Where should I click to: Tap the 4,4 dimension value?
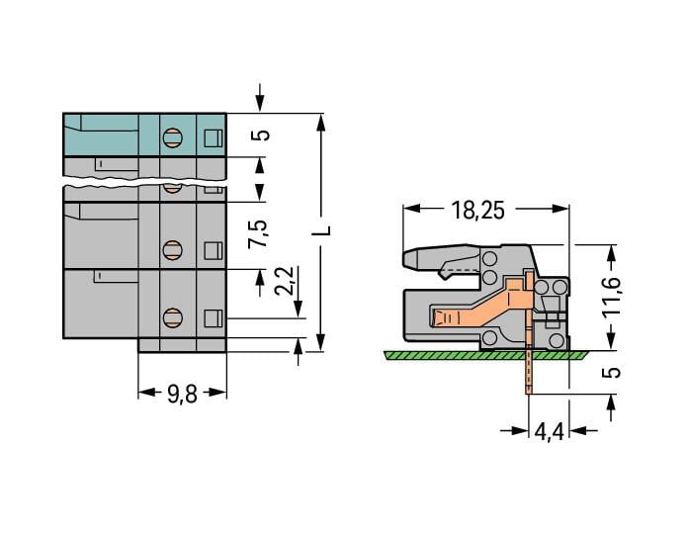[549, 432]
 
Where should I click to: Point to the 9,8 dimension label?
[181, 394]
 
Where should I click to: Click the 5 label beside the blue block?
[260, 134]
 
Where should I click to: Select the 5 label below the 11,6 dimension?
[612, 372]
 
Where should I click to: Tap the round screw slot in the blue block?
[172, 137]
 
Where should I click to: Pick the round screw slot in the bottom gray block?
[172, 317]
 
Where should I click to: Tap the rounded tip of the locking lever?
[408, 260]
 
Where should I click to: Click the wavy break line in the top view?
[143, 183]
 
